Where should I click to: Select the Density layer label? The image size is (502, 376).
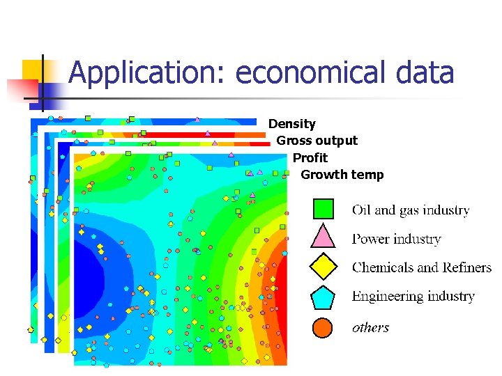(x=291, y=124)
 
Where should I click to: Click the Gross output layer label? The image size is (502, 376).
(x=317, y=141)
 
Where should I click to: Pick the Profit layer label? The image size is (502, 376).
(x=310, y=158)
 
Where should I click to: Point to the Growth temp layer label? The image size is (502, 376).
(x=342, y=175)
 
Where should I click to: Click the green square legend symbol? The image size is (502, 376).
(x=323, y=209)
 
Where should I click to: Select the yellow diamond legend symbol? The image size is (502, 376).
(x=323, y=267)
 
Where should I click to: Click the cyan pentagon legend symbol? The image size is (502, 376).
(x=323, y=297)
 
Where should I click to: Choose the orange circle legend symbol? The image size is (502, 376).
(x=322, y=327)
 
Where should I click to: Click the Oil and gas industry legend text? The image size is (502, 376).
(x=410, y=210)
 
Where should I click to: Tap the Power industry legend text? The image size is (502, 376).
(x=396, y=240)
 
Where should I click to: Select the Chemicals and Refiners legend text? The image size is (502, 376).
(x=421, y=268)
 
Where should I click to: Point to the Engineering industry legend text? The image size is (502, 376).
(x=413, y=297)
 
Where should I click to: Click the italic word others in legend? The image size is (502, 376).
(x=370, y=327)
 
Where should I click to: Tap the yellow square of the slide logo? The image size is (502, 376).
(x=35, y=73)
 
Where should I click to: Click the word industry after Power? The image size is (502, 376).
(x=416, y=240)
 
